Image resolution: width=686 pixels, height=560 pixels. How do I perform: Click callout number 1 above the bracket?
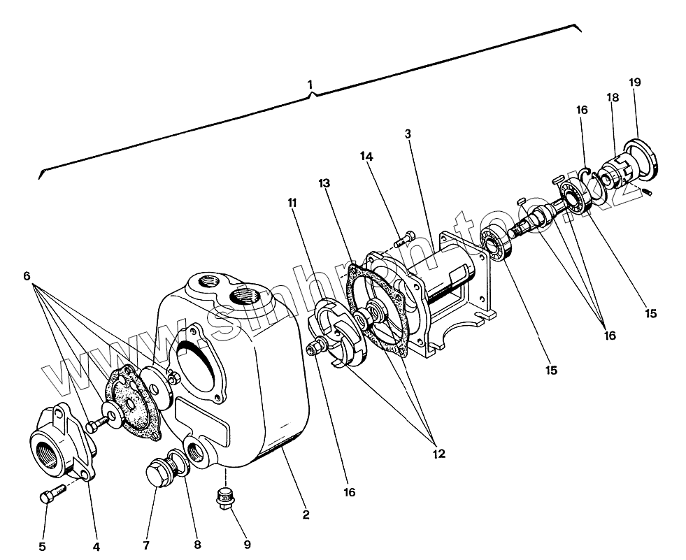tap(310, 85)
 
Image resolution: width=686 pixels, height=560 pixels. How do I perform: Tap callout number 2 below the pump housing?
tap(306, 516)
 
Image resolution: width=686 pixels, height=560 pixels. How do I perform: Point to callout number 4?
tap(97, 546)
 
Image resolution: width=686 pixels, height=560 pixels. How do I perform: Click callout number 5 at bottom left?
tap(42, 546)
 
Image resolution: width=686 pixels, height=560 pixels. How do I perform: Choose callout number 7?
tap(146, 545)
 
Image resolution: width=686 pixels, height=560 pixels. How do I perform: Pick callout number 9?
tap(247, 544)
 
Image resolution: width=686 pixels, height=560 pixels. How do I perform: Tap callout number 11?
tap(292, 203)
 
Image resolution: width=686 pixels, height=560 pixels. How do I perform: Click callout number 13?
tap(324, 183)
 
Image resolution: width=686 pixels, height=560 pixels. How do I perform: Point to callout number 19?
tap(634, 82)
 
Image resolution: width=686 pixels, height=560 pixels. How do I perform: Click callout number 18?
tap(613, 98)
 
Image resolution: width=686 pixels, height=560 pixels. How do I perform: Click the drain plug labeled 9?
tap(225, 500)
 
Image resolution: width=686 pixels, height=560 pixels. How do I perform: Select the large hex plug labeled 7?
tap(159, 475)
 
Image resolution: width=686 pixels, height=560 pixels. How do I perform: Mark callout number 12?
tap(438, 453)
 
